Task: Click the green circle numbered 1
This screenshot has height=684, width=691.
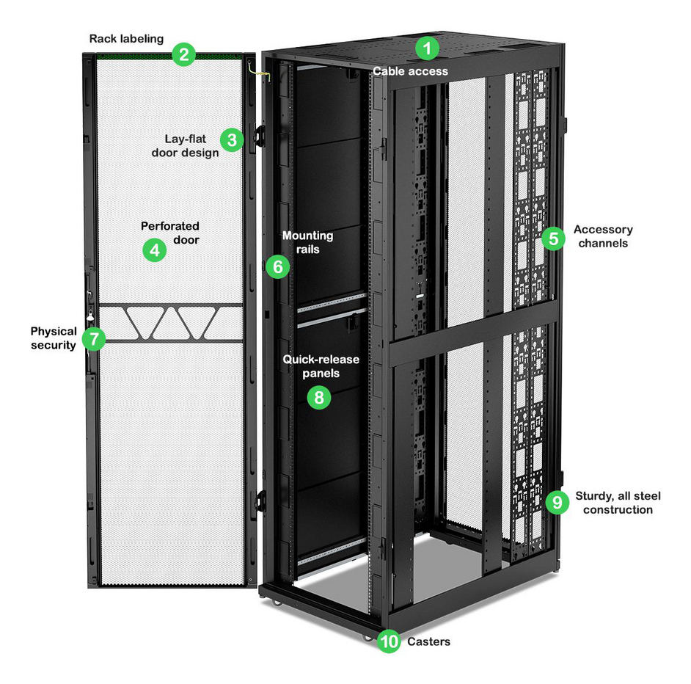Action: click(x=427, y=49)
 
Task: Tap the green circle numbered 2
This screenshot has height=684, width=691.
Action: click(x=183, y=54)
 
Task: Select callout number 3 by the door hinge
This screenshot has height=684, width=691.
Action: click(x=232, y=139)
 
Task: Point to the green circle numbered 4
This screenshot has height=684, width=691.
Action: click(x=154, y=250)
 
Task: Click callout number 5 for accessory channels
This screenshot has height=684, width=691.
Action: click(x=554, y=238)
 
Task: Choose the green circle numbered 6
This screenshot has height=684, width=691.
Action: click(x=277, y=266)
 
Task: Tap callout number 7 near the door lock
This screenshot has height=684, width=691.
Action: click(x=93, y=338)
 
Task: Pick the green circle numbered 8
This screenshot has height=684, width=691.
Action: click(x=318, y=397)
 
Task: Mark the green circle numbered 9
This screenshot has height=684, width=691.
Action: click(x=557, y=502)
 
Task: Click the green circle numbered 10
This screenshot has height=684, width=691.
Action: click(x=389, y=641)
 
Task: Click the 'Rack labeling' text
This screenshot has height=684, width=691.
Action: click(x=126, y=38)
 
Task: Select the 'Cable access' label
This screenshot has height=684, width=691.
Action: click(x=410, y=71)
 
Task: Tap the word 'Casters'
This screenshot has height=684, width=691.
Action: click(x=428, y=641)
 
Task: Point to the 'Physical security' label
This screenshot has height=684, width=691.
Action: click(x=54, y=338)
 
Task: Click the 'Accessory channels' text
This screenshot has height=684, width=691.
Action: click(x=603, y=236)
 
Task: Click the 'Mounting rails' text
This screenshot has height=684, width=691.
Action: click(x=307, y=242)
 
